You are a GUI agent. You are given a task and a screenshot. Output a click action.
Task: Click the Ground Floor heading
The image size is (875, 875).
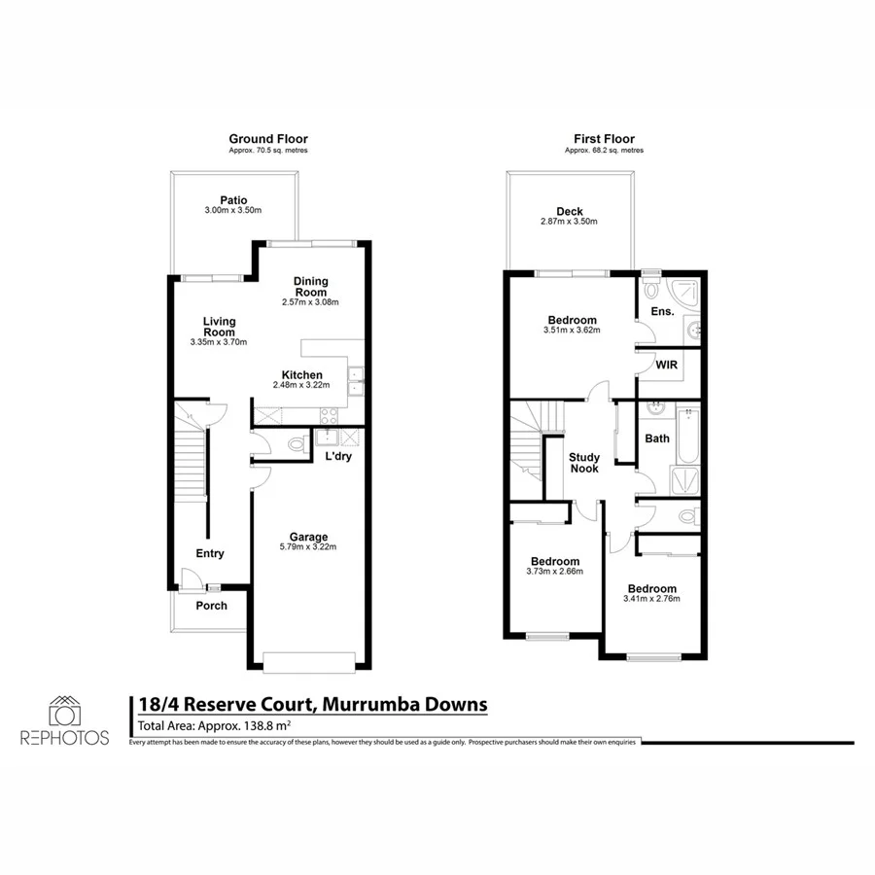pos(267,139)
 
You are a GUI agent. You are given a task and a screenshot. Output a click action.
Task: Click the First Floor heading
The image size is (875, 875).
pos(604,139)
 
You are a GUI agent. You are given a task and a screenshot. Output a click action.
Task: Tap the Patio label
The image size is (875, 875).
pos(233,200)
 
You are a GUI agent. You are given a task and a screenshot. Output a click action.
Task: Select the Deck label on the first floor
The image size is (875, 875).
pos(569,211)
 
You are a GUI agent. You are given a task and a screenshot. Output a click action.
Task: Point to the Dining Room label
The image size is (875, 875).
pos(311,287)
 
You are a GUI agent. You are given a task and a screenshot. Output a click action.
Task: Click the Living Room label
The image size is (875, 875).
pos(219,327)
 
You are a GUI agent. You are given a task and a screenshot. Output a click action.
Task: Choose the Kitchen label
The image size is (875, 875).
pos(301,375)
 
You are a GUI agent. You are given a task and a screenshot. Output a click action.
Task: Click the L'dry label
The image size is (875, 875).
pos(338,456)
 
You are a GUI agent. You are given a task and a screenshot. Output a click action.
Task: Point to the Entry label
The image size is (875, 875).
pos(210,553)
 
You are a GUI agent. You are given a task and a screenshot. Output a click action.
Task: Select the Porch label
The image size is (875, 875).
pos(212,606)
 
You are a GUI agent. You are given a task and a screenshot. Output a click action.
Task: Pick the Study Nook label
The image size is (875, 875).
pos(584,463)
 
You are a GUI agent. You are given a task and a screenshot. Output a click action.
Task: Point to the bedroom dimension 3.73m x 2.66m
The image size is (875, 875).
pos(554,573)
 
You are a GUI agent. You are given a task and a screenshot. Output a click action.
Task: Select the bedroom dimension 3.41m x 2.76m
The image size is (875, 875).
pos(651,599)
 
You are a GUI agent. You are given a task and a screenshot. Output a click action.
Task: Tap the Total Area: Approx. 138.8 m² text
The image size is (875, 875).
pos(215,725)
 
